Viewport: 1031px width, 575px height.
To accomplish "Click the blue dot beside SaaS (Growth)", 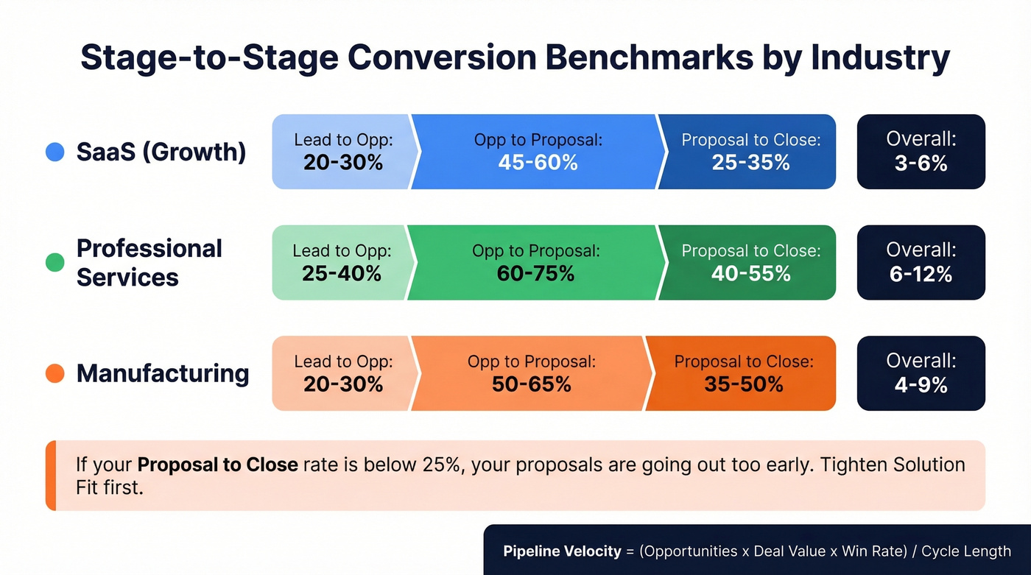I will click(55, 152).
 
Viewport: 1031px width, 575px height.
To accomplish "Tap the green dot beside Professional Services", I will click(55, 262).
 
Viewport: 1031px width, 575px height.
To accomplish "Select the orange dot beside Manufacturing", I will click(55, 373).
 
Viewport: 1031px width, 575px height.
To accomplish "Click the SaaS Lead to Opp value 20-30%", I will click(343, 163).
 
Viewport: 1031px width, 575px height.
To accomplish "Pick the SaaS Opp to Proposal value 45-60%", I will click(538, 163).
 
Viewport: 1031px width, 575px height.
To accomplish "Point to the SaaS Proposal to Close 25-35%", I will click(750, 163).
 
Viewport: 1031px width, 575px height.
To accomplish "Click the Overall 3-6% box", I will click(921, 152).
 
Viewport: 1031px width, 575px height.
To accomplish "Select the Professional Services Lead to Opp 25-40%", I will click(342, 274).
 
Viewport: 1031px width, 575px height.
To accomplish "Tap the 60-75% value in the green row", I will click(535, 274).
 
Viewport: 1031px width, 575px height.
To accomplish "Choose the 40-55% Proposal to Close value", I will click(750, 274).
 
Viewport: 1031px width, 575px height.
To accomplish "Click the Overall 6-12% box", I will click(921, 262).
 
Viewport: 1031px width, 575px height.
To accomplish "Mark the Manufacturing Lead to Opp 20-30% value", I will click(343, 384).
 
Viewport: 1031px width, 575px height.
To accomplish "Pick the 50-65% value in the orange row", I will click(531, 384).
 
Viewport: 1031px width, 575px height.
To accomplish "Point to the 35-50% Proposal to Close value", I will click(744, 384).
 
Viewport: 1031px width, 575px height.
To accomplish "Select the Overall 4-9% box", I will click(921, 373).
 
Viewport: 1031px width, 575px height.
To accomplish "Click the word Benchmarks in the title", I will click(631, 57).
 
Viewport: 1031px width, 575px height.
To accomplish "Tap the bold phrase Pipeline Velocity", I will click(562, 551).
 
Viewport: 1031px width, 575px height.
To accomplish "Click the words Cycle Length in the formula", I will click(965, 551).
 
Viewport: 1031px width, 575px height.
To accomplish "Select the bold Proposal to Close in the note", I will click(217, 465).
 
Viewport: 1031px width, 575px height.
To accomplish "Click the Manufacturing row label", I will click(162, 373).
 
